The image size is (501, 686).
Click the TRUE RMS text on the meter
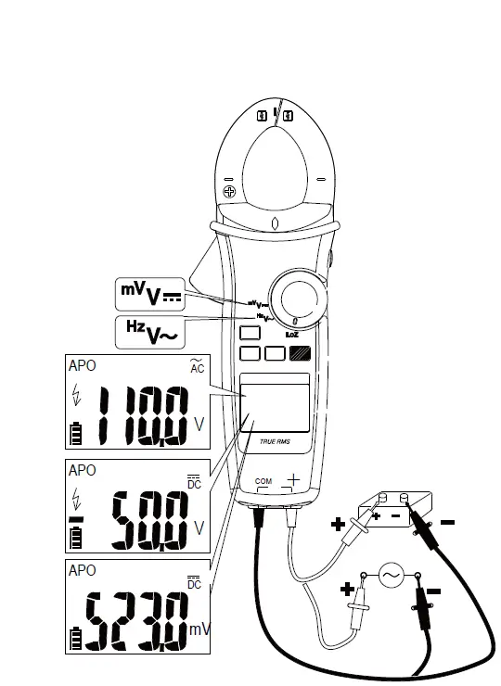pos(275,441)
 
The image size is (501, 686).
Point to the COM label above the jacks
pos(263,482)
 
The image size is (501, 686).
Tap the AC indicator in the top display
pos(196,368)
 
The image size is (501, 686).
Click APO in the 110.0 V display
pos(82,366)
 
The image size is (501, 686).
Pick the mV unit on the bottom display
pos(199,629)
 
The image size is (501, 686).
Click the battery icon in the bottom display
pos(75,638)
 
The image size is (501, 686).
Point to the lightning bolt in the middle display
pos(75,500)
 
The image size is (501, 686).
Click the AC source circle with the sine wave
pos(389,576)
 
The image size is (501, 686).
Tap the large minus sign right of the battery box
pos(447,523)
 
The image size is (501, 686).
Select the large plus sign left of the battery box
pos(338,526)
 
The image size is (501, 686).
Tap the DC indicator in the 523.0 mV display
pos(194,583)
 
